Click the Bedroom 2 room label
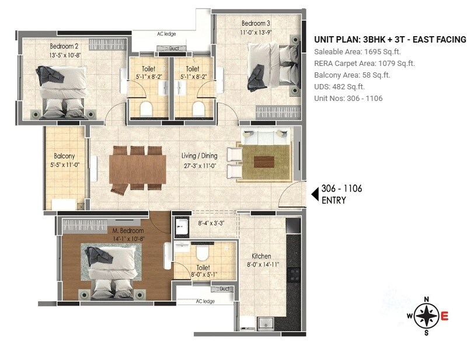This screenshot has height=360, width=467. click(x=64, y=46)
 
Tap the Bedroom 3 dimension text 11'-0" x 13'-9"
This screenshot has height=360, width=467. click(x=256, y=33)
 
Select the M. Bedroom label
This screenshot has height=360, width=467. click(x=128, y=231)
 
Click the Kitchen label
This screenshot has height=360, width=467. click(x=262, y=256)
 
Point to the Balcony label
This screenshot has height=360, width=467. click(x=64, y=156)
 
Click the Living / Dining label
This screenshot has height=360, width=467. click(x=199, y=156)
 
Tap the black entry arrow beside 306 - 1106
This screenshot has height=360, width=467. click(x=313, y=193)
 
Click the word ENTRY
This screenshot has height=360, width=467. click(x=334, y=201)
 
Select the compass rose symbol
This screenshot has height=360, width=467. click(x=427, y=316)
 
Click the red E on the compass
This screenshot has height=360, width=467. click(x=445, y=317)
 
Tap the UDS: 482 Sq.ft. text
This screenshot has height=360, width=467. click(x=340, y=86)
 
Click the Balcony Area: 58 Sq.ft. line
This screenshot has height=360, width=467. click(x=352, y=75)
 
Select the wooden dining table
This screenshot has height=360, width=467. click(x=137, y=168)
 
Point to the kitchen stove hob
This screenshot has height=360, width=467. click(x=294, y=275)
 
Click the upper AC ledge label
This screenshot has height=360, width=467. click(x=166, y=34)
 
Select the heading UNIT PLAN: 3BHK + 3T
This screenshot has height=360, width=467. click(x=390, y=40)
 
